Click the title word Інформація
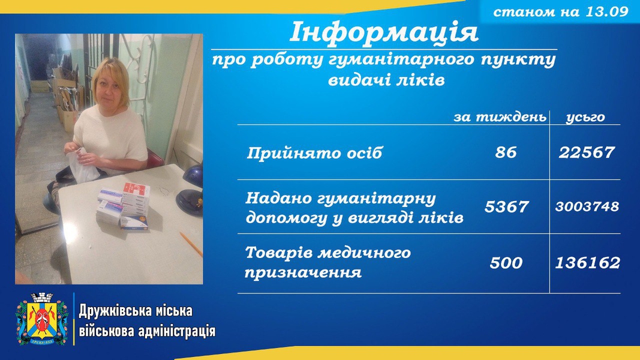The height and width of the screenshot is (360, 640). point(384,32)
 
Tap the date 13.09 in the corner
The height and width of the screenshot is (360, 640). point(606,11)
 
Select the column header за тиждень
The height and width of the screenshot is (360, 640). point(500,117)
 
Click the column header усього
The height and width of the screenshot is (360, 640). point(585,118)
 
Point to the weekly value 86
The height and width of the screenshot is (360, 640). point(506,152)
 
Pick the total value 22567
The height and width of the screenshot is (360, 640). point(587,152)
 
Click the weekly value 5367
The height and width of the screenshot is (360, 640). point(506,206)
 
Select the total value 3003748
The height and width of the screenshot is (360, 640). point(587,206)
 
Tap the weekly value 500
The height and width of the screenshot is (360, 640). point(506,262)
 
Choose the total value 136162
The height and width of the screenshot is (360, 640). point(587,262)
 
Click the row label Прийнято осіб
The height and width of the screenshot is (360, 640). point(314,153)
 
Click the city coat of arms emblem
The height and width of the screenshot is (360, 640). point(42,319)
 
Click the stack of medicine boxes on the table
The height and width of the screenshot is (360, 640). point(124,206)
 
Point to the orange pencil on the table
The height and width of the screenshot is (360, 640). point(191,244)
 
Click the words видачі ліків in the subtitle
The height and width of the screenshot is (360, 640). point(386,80)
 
